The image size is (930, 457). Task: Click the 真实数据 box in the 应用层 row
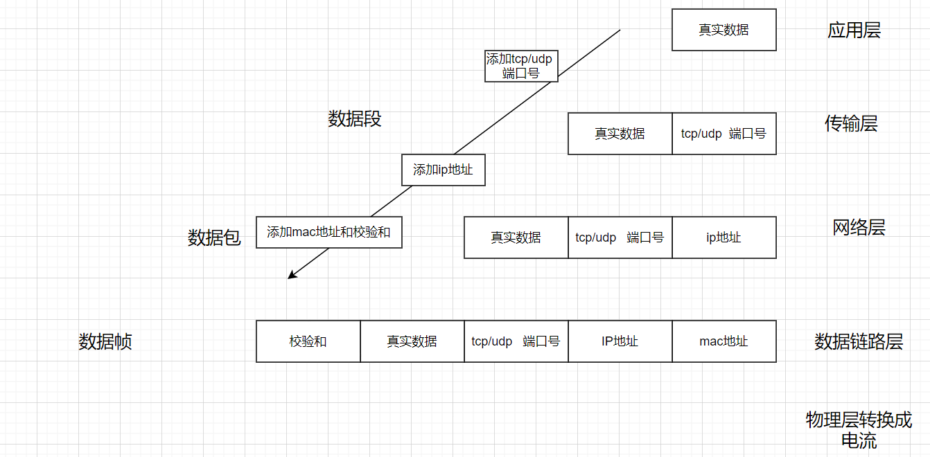pos(723,30)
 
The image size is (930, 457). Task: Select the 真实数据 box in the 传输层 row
pos(620,134)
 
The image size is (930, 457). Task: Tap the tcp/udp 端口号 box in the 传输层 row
pos(723,134)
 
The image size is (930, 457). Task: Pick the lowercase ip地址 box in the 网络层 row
pos(723,238)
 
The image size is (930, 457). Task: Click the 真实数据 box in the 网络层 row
pos(516,238)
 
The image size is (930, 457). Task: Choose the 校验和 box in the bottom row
pos(308,341)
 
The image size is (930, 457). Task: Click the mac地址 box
pos(723,341)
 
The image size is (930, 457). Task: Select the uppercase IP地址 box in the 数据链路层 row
pos(620,341)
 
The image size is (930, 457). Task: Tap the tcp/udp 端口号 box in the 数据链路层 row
pos(516,341)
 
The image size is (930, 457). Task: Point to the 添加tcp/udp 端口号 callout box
pos(519,66)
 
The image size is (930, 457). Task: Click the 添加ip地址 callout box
pos(443,170)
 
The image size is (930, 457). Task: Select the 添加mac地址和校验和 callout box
pos(328,232)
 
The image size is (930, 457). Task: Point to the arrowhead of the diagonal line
pos(290,277)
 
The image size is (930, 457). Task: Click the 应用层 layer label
pos(854,30)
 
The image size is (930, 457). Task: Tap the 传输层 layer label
pos(851,124)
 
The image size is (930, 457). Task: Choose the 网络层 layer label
pos(859,228)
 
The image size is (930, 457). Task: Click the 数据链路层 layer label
pos(859,341)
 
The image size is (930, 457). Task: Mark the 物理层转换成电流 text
pos(859,430)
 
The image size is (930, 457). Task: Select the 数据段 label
pos(355,119)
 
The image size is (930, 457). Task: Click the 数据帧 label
pos(105,341)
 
